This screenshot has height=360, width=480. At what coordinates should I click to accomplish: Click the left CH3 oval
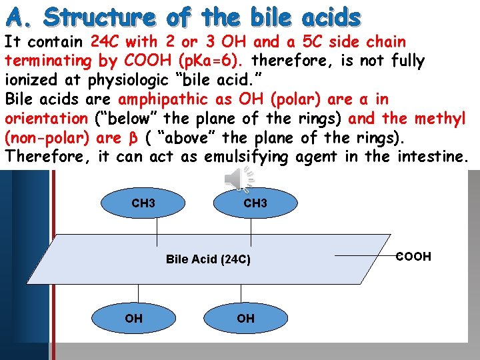[x=143, y=203]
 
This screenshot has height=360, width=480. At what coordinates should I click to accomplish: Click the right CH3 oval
[x=255, y=203]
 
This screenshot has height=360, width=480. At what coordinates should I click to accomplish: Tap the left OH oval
[x=133, y=319]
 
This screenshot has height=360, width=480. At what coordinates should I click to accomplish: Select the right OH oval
[x=245, y=319]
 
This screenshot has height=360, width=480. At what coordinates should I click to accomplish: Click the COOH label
[x=414, y=257]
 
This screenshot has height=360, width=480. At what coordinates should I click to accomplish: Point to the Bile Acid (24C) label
[x=208, y=259]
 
